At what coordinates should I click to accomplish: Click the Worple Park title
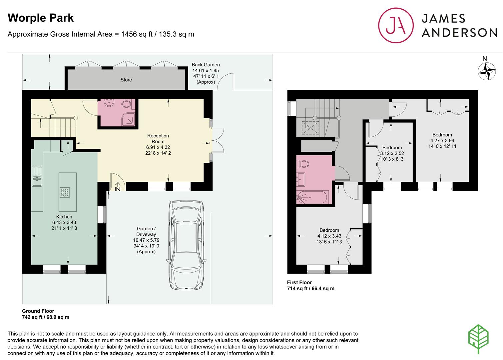coord(41,18)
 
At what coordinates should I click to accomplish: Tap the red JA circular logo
coord(396,25)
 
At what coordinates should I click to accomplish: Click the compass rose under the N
coord(487,71)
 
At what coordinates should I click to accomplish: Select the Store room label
coord(126,80)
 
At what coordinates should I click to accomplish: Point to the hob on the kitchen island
coord(65,192)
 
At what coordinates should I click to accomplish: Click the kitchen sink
coord(37,177)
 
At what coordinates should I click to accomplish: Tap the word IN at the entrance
coord(118,189)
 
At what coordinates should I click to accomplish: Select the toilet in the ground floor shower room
coord(127,104)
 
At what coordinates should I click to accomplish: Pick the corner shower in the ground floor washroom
coord(129,119)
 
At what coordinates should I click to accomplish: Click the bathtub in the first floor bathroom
coord(313,197)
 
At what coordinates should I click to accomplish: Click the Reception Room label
coord(158,139)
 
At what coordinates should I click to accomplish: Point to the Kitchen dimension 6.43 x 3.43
coord(64,222)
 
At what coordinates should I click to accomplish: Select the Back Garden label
coord(206,65)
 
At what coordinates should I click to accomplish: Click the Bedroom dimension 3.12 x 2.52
coord(392,153)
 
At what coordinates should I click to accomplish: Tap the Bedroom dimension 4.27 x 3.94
coord(442,141)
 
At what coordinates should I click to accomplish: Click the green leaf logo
coord(478,339)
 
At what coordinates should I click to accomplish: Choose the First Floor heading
coord(299,282)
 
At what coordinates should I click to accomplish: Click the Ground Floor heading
coord(38,311)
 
